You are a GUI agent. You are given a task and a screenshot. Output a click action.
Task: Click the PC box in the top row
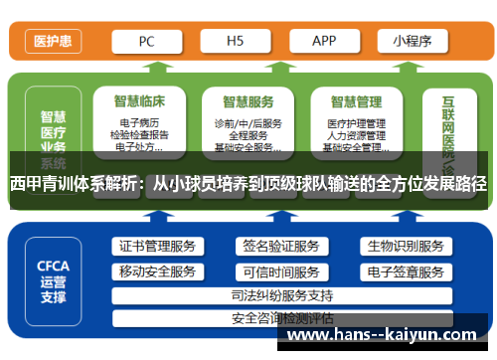(146, 42)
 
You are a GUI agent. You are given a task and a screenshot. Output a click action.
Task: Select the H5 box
(236, 42)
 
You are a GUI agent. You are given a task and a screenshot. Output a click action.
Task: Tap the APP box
(324, 42)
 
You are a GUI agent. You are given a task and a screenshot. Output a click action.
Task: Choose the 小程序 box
(411, 42)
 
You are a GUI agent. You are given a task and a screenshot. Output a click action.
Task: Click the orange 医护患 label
(52, 42)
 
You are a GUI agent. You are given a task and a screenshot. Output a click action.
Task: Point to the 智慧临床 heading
(139, 100)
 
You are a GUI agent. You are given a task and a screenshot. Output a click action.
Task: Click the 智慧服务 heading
(248, 100)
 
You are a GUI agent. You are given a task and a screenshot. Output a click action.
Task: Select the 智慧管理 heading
(355, 100)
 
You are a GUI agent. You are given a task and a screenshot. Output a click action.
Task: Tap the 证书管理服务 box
(157, 246)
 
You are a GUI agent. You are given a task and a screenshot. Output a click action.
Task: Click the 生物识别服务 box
(405, 246)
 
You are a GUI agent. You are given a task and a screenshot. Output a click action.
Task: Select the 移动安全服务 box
(157, 271)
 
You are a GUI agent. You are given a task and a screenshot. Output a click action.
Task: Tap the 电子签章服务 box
(405, 271)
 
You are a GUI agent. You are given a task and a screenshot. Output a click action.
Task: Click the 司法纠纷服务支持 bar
(281, 295)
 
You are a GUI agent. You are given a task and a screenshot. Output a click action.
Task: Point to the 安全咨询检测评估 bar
(281, 318)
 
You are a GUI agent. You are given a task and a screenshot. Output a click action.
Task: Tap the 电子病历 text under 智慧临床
(138, 122)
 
